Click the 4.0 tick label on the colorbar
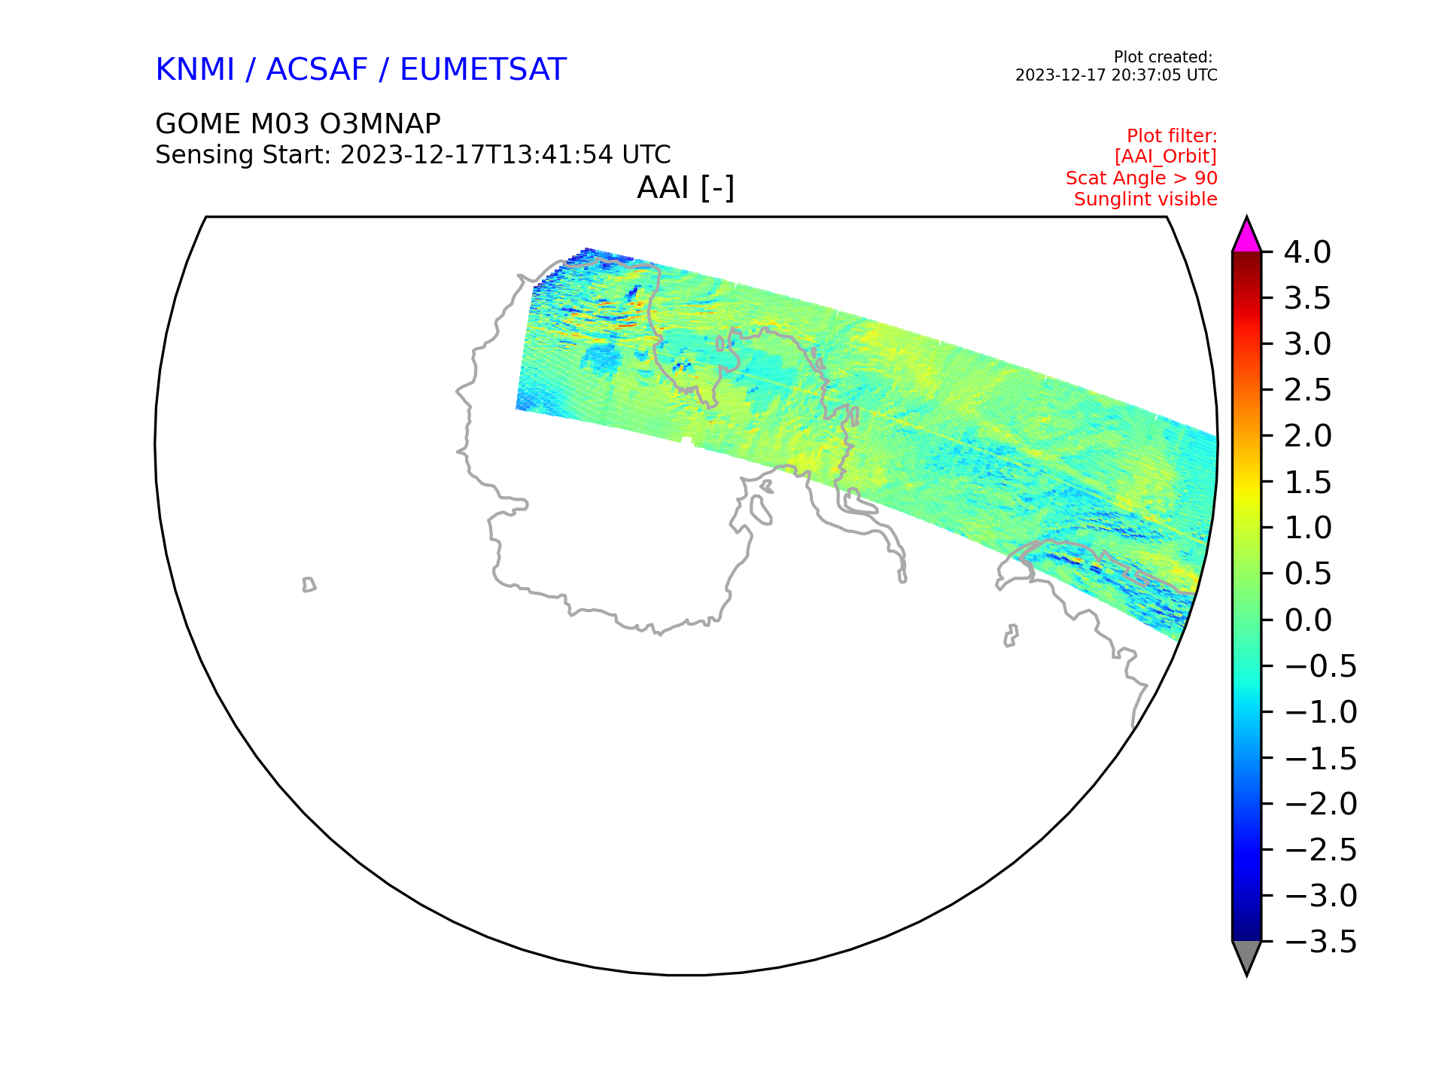1307,253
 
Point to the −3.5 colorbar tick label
1321,942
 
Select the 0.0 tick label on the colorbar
1307,620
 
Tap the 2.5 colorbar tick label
1307,391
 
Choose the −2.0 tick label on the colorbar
1321,804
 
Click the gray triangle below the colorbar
1246,956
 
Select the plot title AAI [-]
686,187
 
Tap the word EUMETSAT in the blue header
482,70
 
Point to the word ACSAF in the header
317,70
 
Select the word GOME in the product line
197,123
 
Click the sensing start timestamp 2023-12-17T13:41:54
478,155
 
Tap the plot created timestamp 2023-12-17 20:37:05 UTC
1116,75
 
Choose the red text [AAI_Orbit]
1166,157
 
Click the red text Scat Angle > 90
1142,178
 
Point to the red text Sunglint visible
1145,199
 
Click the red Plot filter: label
1172,136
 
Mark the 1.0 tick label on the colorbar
1307,528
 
